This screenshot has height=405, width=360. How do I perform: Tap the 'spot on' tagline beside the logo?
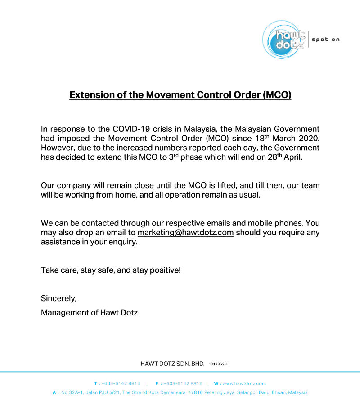pos(326,40)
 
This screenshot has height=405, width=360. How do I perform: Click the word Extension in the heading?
pos(91,95)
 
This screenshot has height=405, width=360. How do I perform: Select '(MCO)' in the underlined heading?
pos(277,95)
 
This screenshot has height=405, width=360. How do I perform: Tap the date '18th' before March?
pos(261,138)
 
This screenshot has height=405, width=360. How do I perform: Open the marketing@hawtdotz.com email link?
pos(185,233)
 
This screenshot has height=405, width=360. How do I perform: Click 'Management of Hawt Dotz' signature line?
pos(89,312)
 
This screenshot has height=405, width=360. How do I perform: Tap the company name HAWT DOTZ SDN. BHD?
pos(173,364)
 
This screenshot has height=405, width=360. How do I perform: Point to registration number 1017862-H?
pos(219,364)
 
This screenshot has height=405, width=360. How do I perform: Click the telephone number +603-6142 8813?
pos(121,384)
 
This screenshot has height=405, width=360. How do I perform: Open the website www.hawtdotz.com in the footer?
pos(244,384)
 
